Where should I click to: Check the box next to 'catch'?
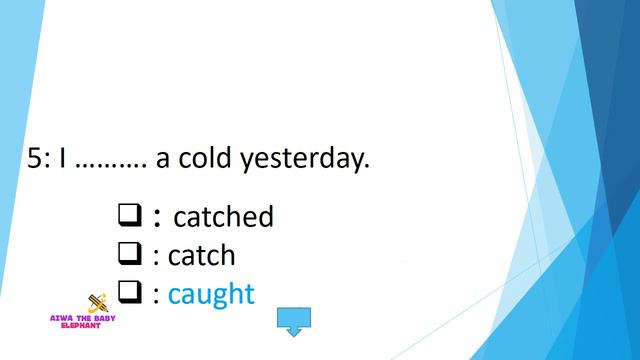(x=129, y=254)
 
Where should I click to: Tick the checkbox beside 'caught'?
(x=129, y=292)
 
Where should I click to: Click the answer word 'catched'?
(x=223, y=216)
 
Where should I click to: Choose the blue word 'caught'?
(x=211, y=294)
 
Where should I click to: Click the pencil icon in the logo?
(x=98, y=302)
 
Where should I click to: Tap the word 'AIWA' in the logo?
(x=64, y=317)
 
